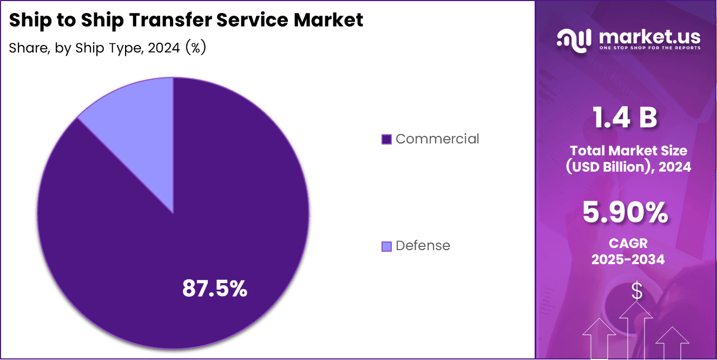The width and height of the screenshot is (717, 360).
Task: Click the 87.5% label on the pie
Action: pos(214,289)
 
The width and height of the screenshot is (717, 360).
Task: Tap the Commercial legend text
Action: pos(437,139)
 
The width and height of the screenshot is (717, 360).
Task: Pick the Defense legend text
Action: pos(423,246)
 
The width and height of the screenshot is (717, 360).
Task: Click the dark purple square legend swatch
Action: pos(386,140)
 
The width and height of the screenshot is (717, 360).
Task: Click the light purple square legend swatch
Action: pos(386,246)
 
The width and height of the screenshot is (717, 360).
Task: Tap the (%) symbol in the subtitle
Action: pos(196,48)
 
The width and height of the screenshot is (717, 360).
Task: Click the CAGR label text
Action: pos(628,244)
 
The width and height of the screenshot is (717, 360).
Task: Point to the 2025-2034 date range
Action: pos(628,259)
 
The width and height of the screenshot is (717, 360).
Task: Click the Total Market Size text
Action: pos(628,150)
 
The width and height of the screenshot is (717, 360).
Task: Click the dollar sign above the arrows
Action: pos(637,291)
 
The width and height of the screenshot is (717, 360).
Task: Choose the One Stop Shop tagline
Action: pos(649,48)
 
